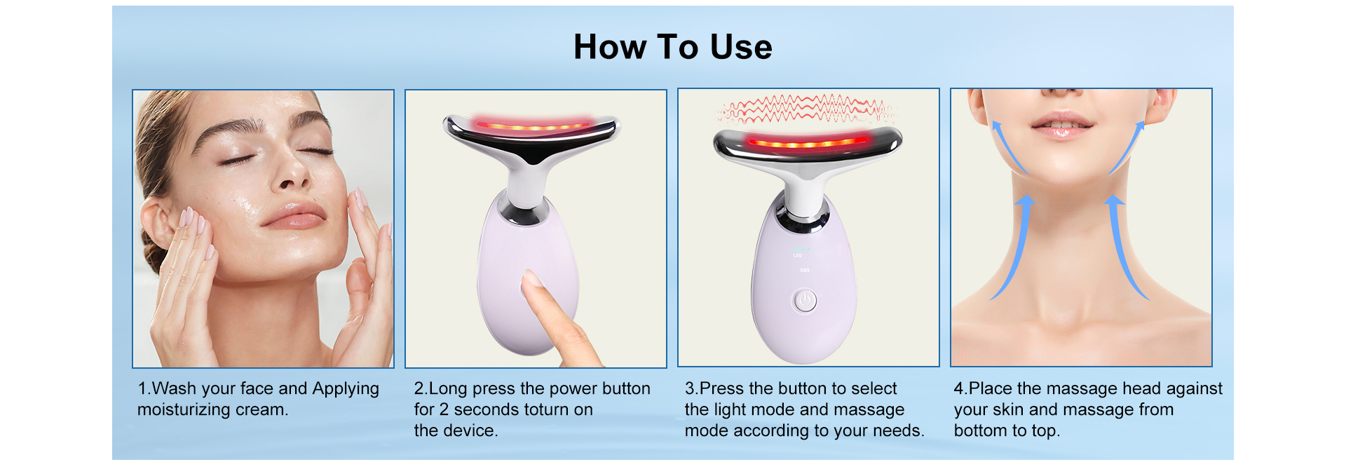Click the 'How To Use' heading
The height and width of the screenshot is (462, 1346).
click(x=673, y=47)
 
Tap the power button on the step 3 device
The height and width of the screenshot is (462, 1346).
click(x=805, y=301)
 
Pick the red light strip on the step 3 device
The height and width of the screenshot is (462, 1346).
click(x=806, y=143)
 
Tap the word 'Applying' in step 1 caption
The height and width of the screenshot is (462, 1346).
click(x=346, y=389)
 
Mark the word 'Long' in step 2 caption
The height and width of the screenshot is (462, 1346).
click(x=448, y=389)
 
